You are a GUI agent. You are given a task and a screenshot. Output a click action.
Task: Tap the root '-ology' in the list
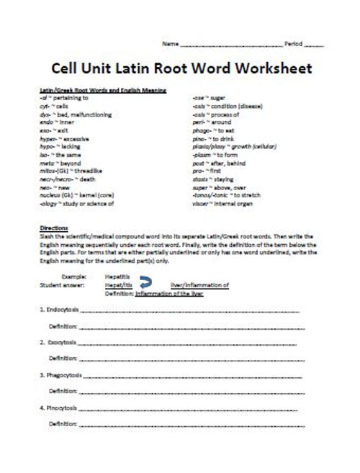click(x=50, y=203)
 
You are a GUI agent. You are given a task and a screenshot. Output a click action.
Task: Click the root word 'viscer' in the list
click(x=201, y=203)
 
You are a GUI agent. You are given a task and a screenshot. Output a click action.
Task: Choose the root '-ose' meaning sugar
click(x=199, y=96)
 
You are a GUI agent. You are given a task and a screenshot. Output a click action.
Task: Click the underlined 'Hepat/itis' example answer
click(x=119, y=285)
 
